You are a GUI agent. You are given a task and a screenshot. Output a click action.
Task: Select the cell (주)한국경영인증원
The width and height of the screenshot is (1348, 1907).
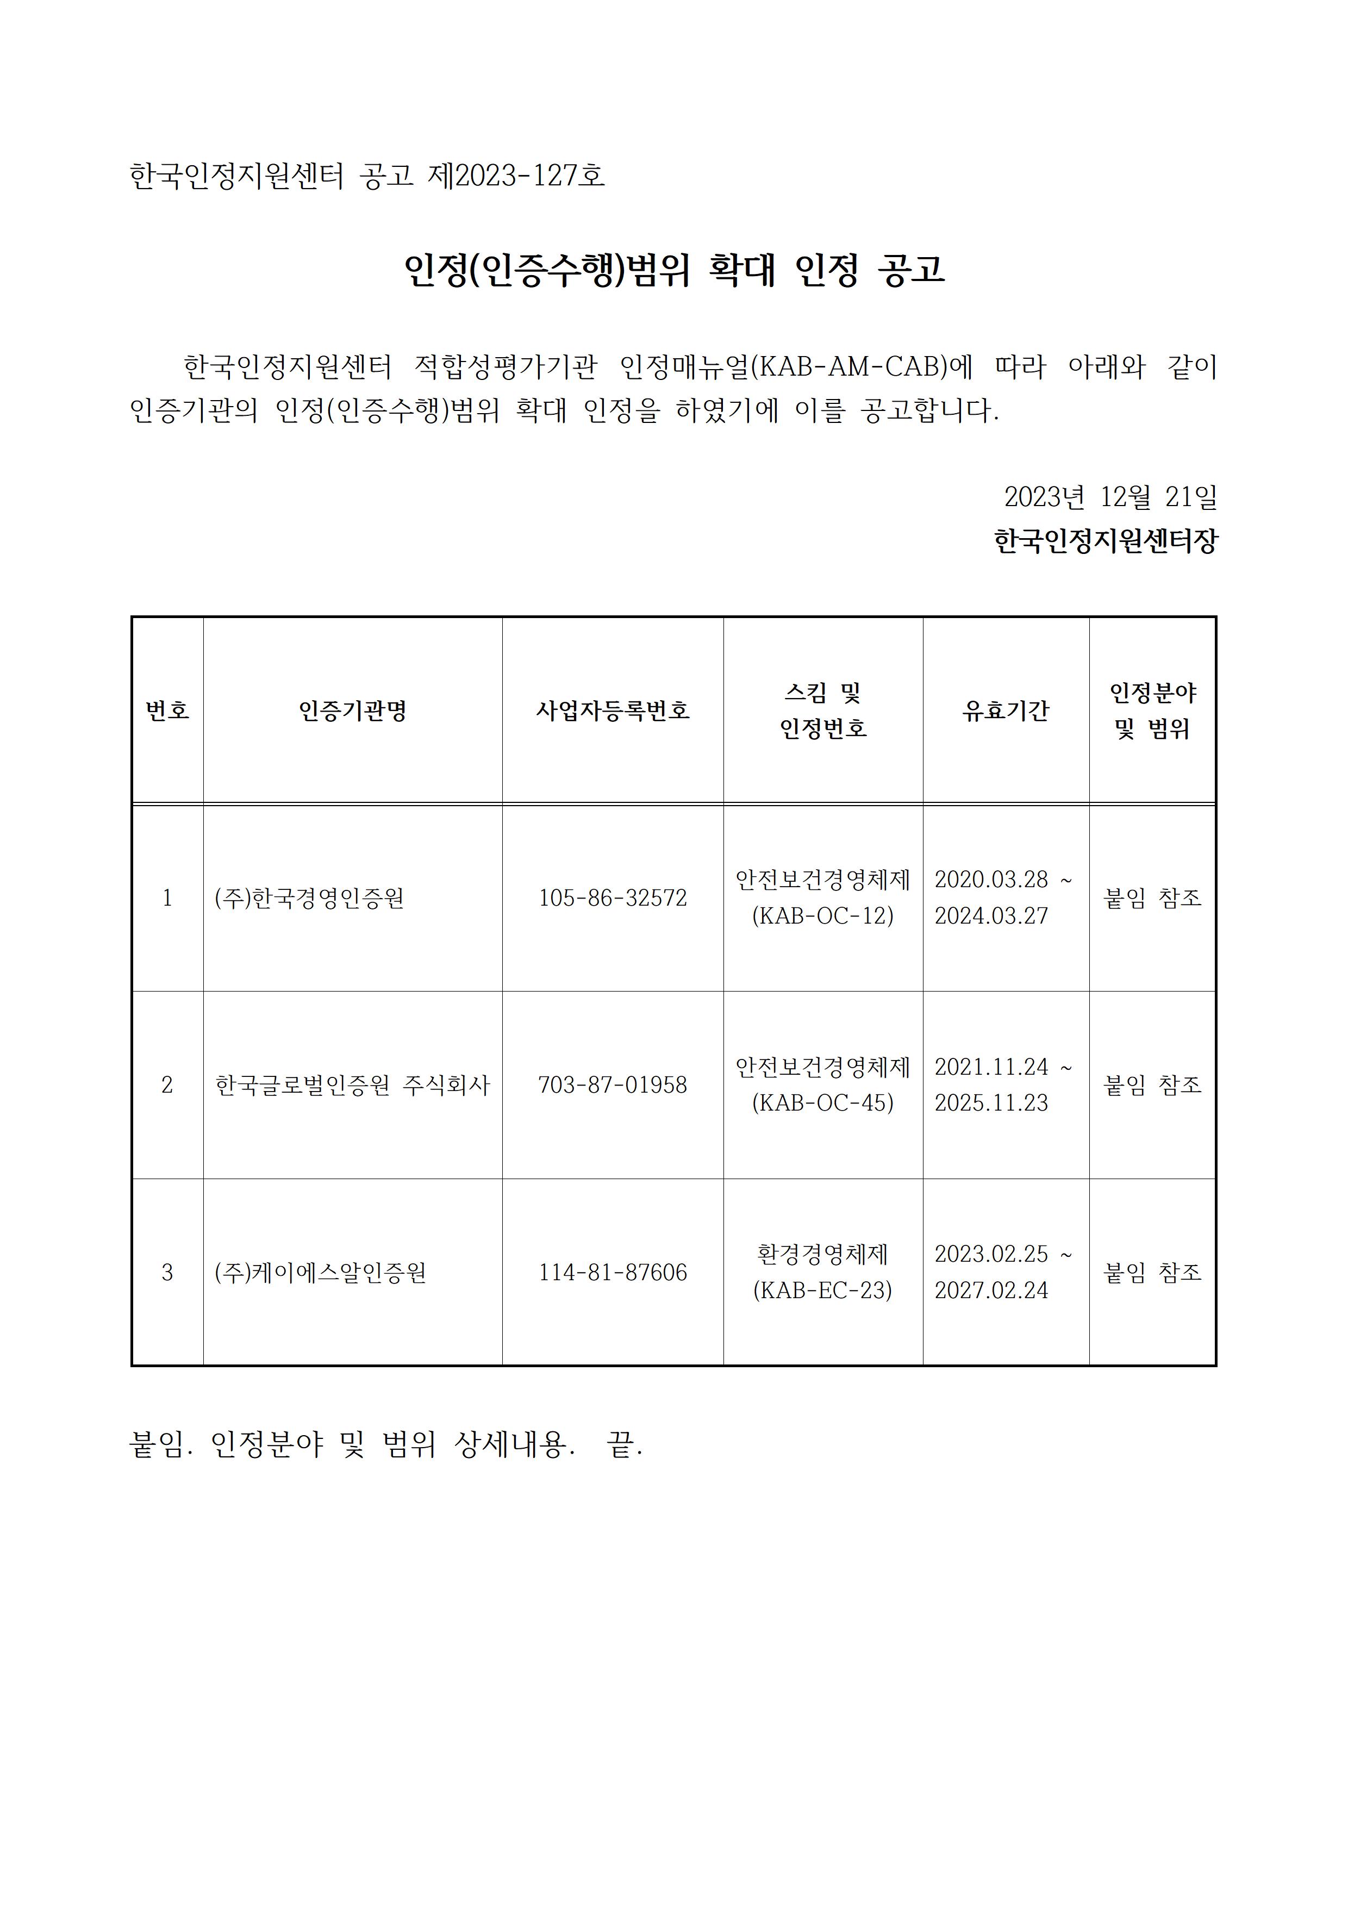(x=309, y=898)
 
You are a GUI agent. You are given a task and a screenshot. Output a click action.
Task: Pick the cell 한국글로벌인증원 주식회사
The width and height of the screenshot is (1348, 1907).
(x=352, y=1085)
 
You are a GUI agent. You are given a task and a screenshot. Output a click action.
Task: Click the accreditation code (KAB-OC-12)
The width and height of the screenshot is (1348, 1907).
(x=822, y=915)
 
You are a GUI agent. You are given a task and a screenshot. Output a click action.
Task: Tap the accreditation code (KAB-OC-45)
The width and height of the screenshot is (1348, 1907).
(x=822, y=1103)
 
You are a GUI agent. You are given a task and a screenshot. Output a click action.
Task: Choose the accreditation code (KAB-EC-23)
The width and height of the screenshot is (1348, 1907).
(x=822, y=1290)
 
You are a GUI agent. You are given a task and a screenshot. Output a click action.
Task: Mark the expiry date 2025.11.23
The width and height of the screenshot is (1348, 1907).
(x=991, y=1103)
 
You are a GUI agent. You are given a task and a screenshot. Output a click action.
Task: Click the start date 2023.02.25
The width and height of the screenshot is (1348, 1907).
(x=991, y=1254)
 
